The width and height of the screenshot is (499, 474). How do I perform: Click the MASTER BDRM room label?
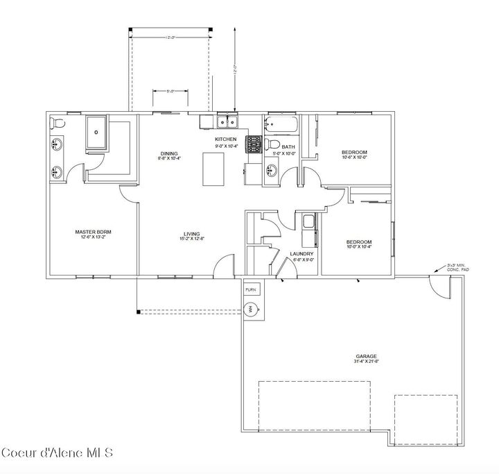(x=93, y=231)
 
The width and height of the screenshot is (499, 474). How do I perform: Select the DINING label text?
(x=169, y=153)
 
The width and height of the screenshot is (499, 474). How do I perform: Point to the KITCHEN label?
(x=226, y=139)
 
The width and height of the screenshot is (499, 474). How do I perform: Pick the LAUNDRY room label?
(x=302, y=254)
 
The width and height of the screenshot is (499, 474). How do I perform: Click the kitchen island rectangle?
(x=215, y=169)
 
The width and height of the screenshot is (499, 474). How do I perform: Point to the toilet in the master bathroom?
(x=57, y=124)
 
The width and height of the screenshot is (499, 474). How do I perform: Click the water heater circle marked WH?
(x=251, y=309)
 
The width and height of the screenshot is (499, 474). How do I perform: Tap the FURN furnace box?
(x=250, y=287)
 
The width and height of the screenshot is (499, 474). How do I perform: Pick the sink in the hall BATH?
(x=272, y=170)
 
